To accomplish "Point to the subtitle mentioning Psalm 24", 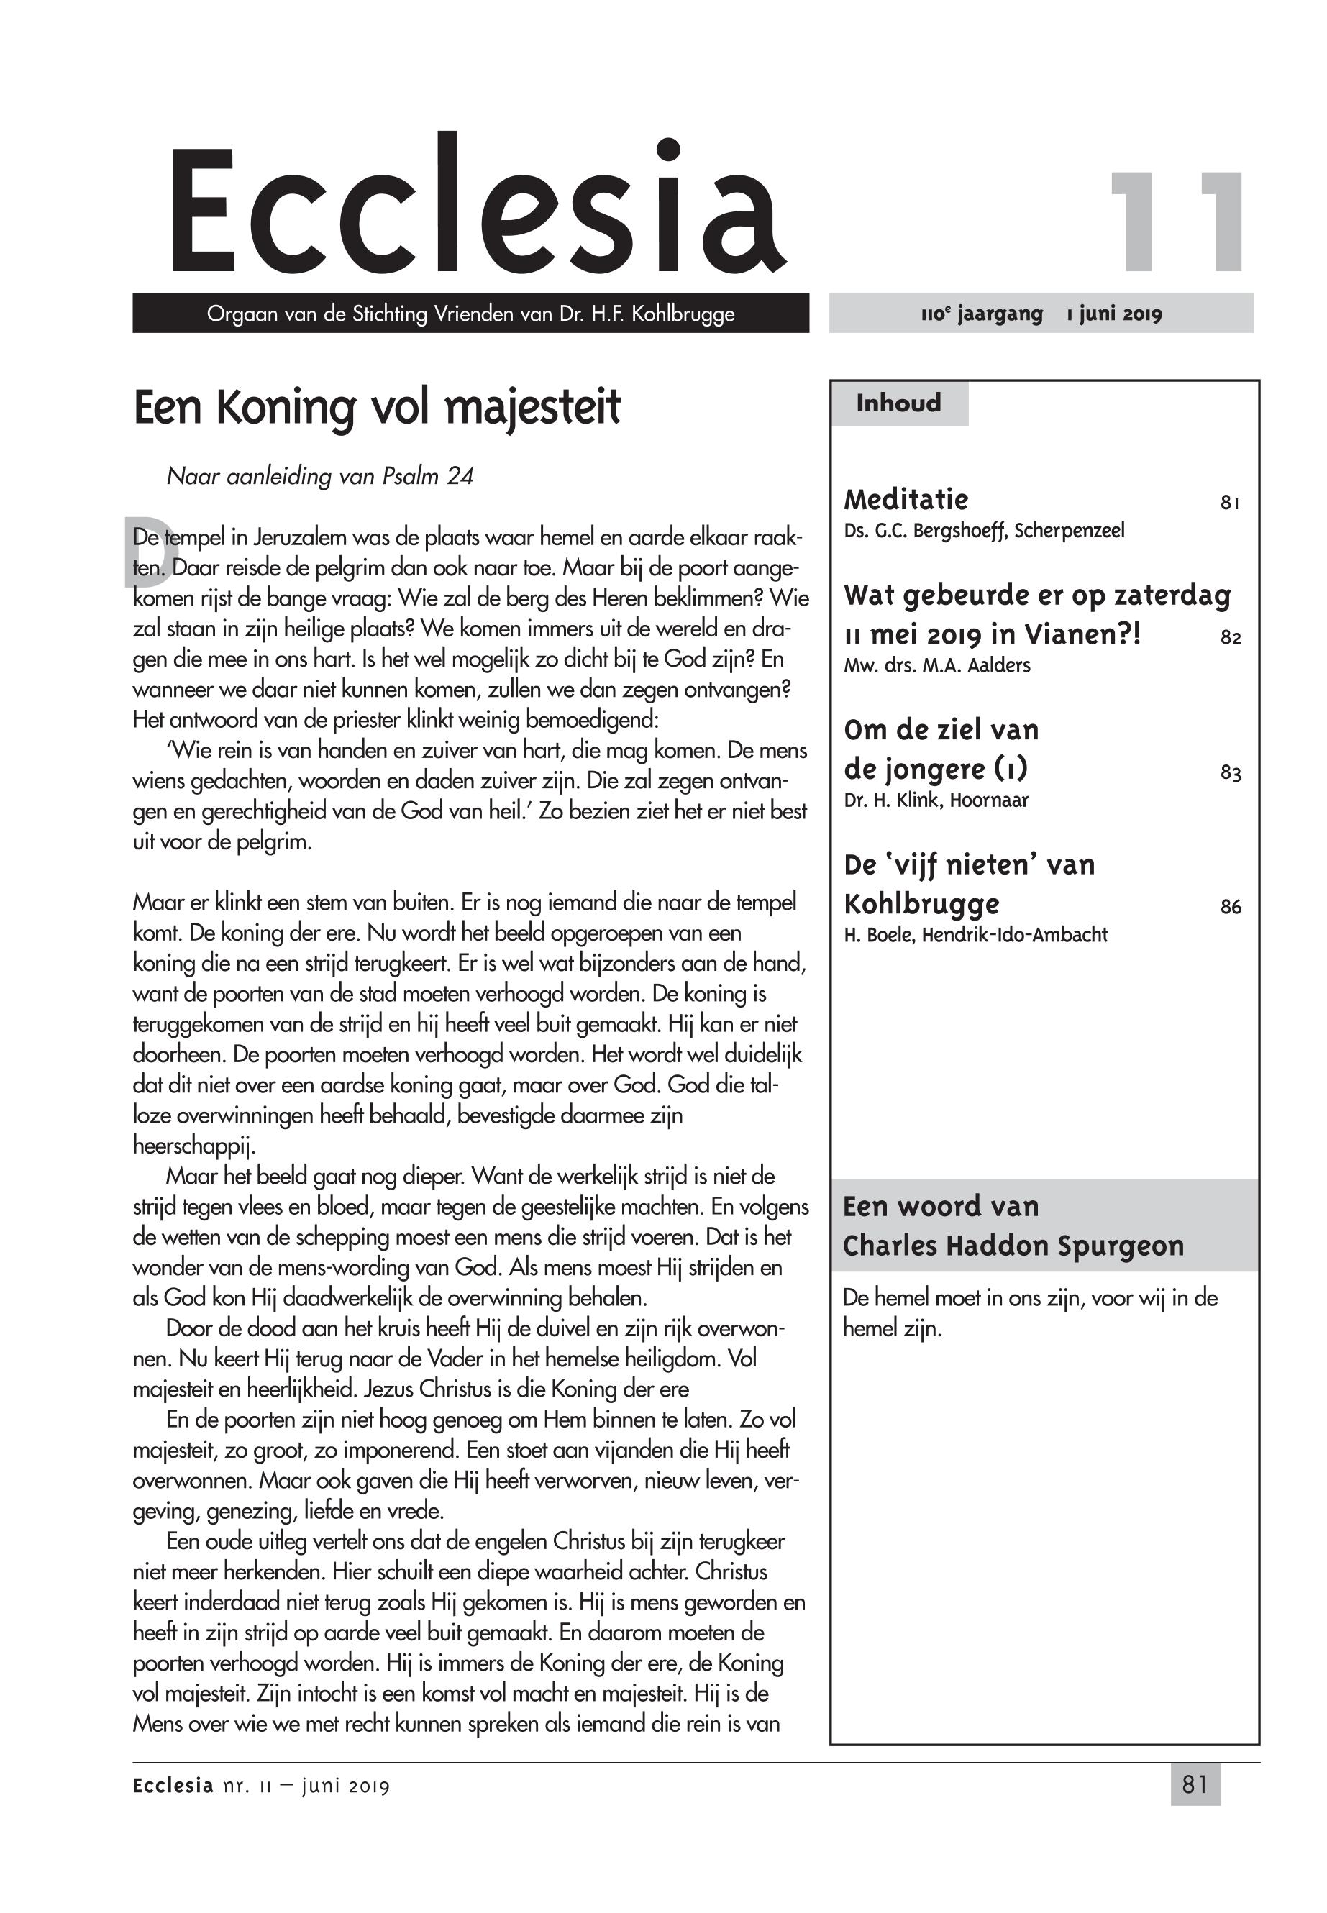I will (320, 476).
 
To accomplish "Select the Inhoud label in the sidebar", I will (899, 403).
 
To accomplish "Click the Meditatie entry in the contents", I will (906, 500).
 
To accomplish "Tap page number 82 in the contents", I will (1231, 638).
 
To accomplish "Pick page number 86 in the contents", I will (1231, 907).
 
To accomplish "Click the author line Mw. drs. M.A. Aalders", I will (937, 665).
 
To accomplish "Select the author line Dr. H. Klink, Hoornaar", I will (936, 800).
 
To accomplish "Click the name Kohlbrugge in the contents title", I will (921, 904).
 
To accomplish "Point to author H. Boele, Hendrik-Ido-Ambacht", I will (975, 934).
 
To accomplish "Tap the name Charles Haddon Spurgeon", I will (1013, 1246).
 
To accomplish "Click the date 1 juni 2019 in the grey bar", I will (1114, 314).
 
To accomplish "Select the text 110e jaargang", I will (981, 314).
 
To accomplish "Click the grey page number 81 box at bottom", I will (1195, 1785).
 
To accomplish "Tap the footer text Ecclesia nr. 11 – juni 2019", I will (261, 1786).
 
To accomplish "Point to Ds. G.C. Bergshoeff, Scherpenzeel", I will (984, 531).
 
